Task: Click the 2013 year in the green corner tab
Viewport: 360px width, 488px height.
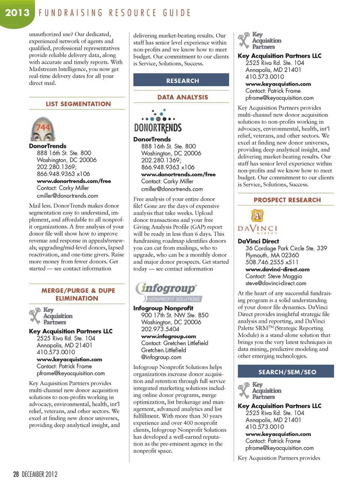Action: (17, 13)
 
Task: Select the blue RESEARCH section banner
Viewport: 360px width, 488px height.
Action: (183, 81)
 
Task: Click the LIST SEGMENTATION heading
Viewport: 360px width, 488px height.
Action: (78, 104)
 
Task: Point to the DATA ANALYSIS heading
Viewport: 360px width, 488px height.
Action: (183, 97)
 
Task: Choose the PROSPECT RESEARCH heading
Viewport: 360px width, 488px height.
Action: (287, 200)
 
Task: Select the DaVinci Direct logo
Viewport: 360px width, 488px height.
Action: (258, 222)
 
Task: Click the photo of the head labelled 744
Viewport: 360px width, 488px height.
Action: (42, 129)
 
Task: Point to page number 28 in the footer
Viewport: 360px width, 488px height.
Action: (16, 474)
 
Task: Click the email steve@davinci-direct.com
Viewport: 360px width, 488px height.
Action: (276, 283)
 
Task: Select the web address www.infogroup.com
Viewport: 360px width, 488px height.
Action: (168, 336)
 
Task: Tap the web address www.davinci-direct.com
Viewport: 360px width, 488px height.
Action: (277, 270)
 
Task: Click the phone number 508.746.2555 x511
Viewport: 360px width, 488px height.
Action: (272, 262)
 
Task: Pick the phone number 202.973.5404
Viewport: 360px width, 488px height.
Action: (160, 329)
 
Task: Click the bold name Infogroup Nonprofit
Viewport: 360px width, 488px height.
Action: (163, 308)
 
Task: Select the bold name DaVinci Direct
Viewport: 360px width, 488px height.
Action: (258, 241)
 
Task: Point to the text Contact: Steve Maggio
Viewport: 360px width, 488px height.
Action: (274, 276)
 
